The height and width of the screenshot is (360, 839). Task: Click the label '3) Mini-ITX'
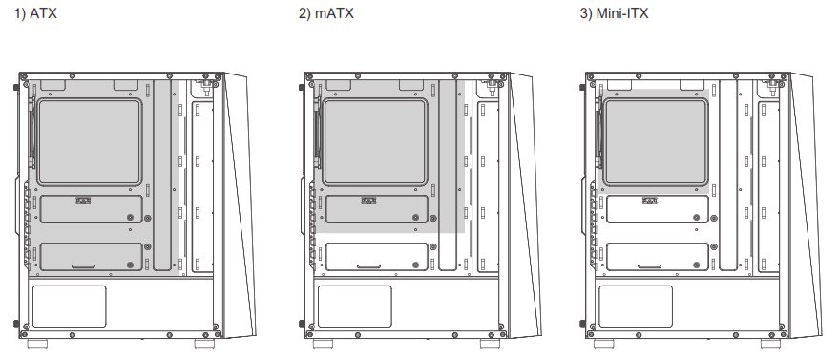tap(614, 16)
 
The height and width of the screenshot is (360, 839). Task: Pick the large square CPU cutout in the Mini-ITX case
tap(655, 141)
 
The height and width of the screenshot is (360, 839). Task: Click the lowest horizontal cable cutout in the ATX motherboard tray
tap(92, 257)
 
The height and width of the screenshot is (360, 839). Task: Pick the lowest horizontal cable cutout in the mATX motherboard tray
tap(374, 257)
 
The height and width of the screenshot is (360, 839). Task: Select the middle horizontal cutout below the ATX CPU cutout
tap(92, 209)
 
